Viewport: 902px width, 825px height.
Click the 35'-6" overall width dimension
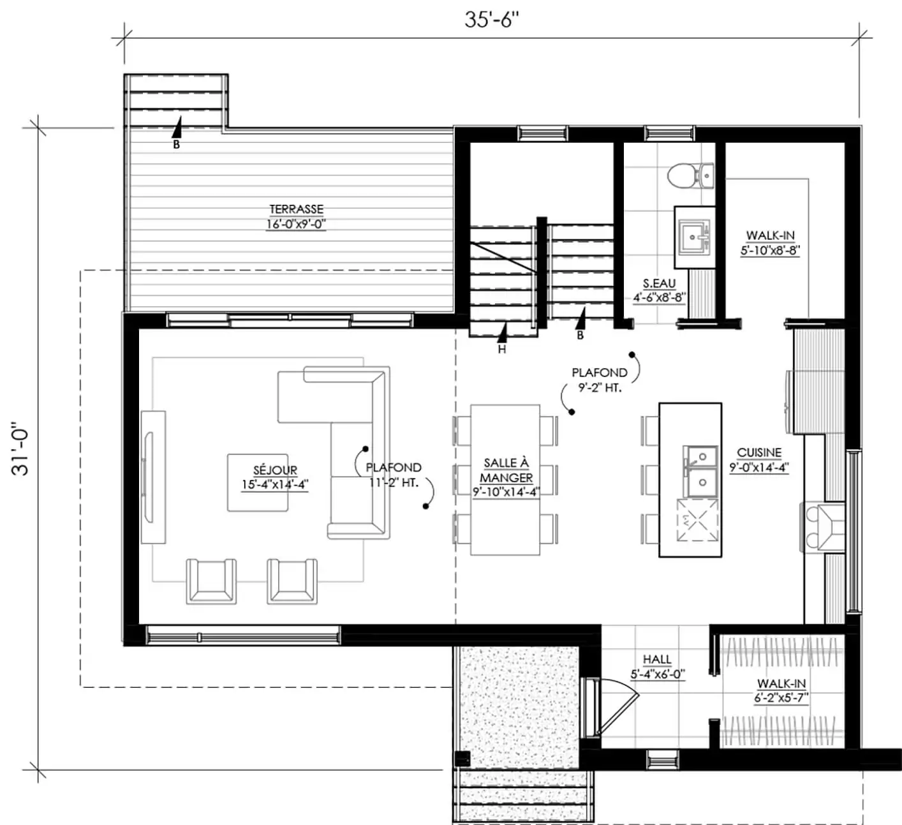click(491, 20)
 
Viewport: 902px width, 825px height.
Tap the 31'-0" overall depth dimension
click(20, 452)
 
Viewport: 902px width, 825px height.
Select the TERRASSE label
click(297, 209)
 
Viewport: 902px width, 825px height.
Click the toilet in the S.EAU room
click(690, 176)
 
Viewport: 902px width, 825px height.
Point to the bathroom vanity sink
click(694, 237)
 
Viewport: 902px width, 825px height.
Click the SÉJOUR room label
click(275, 470)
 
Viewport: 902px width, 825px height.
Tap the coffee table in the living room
click(258, 482)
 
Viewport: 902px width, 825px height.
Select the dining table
click(505, 480)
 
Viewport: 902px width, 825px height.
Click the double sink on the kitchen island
click(700, 471)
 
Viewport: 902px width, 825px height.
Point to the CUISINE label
click(759, 452)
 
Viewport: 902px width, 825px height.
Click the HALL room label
click(657, 660)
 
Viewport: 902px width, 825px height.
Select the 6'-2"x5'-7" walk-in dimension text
click(781, 698)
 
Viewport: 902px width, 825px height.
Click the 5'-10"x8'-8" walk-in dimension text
click(770, 250)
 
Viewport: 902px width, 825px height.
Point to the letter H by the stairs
click(502, 349)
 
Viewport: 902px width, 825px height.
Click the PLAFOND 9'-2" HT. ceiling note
click(600, 380)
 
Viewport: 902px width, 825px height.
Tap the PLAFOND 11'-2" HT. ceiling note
click(394, 475)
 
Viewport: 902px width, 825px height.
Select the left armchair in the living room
click(211, 581)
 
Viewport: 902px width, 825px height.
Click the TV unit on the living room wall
click(153, 477)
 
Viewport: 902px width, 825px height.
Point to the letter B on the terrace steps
click(176, 144)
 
